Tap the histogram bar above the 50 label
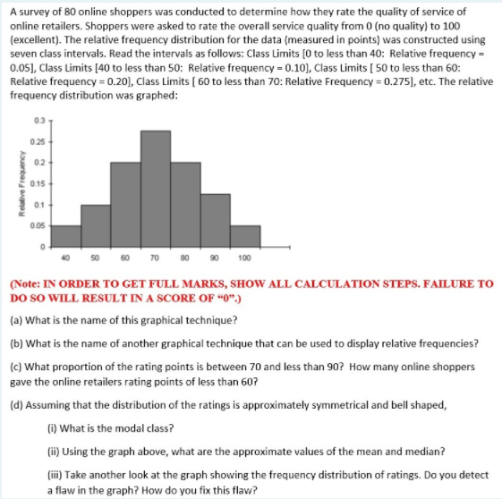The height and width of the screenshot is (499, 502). pyautogui.click(x=95, y=224)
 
